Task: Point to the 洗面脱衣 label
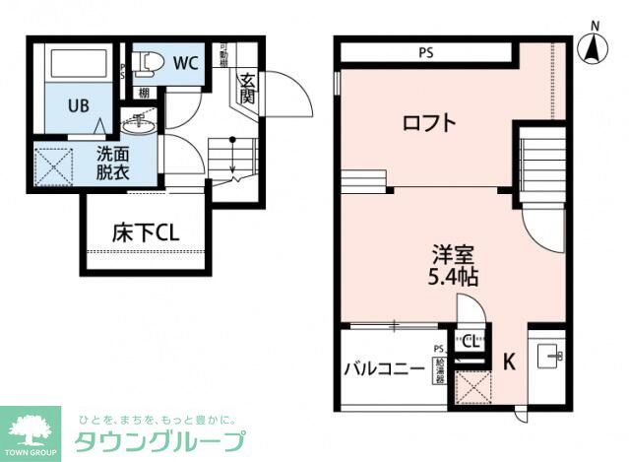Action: coord(112,162)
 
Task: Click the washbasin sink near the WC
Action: coord(139,123)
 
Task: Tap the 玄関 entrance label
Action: coord(247,91)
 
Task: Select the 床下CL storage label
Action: coord(144,233)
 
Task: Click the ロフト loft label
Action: coord(429,124)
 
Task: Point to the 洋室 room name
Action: coord(453,253)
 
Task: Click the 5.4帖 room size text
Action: coord(453,277)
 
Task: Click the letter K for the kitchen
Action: coord(509,362)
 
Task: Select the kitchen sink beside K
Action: coord(546,355)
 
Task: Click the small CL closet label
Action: coord(470,342)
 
